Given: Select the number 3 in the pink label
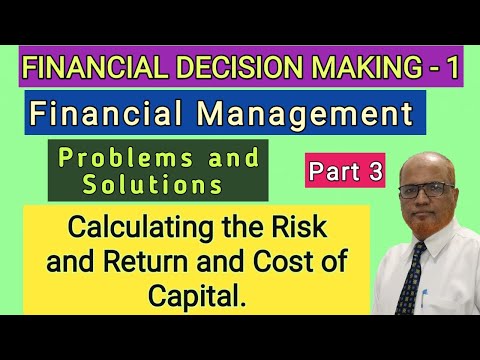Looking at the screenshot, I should tap(374, 172).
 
